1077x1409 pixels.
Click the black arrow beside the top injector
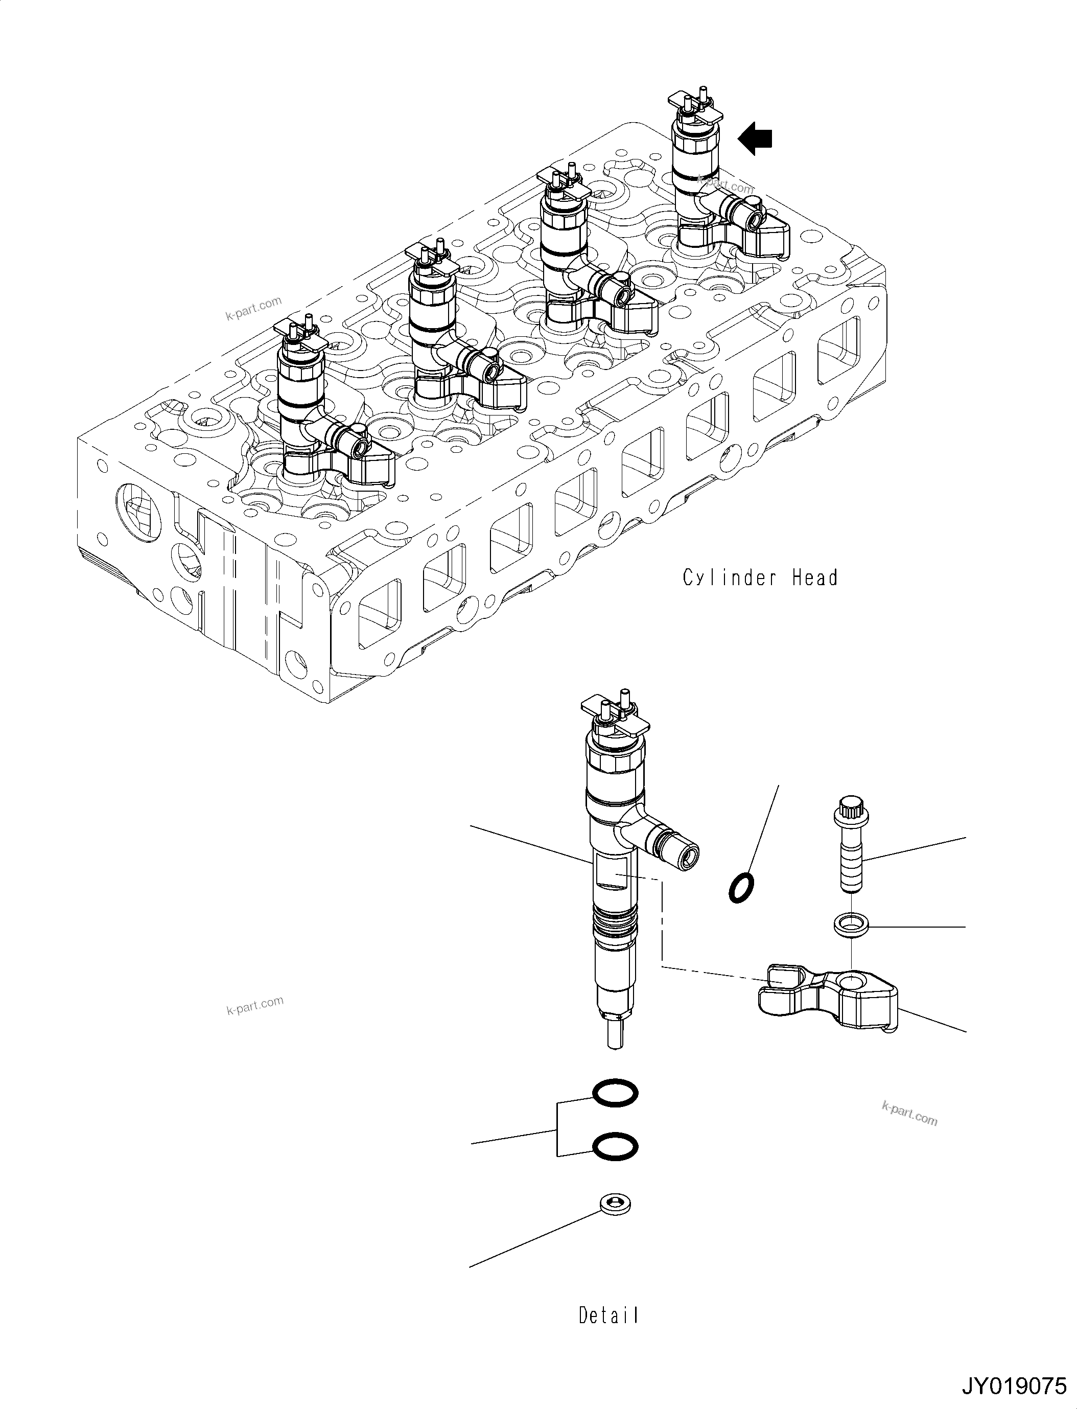click(756, 139)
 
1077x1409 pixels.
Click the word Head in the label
click(815, 579)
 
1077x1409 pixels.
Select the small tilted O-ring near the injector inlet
click(741, 888)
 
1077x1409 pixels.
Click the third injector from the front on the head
click(564, 257)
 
